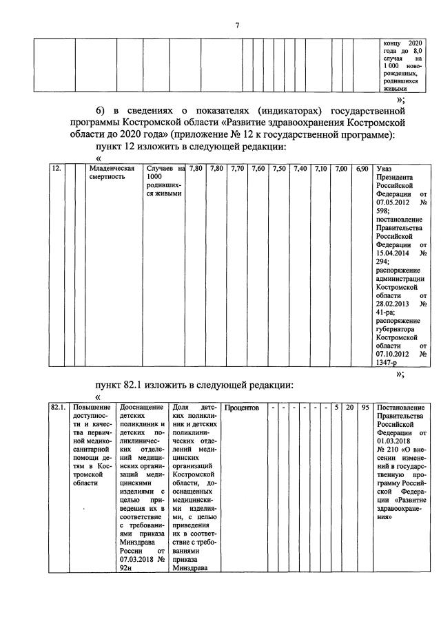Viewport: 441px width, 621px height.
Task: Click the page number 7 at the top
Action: [236, 25]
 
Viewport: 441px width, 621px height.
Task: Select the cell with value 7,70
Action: [238, 169]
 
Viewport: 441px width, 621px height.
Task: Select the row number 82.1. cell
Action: [58, 408]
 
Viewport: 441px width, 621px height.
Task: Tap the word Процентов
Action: [242, 408]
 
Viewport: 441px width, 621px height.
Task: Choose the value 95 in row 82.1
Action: [365, 408]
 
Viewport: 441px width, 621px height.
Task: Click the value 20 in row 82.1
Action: [350, 408]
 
